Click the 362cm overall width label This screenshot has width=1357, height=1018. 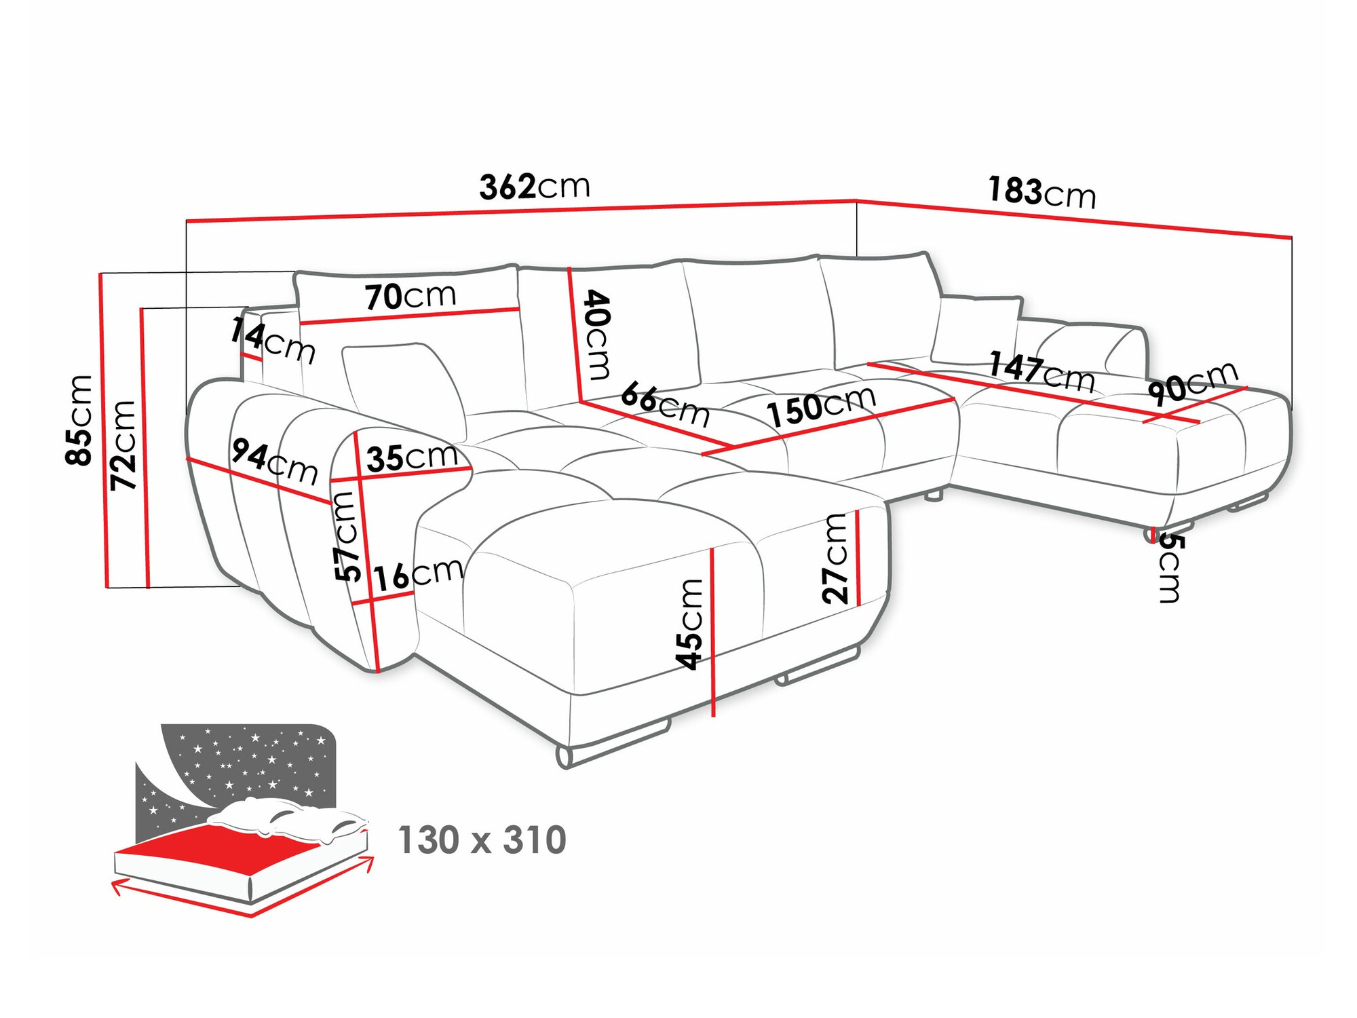pyautogui.click(x=535, y=187)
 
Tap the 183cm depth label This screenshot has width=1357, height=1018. pyautogui.click(x=1041, y=192)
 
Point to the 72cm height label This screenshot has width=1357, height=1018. pyautogui.click(x=124, y=445)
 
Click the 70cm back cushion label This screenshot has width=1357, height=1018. pyautogui.click(x=410, y=297)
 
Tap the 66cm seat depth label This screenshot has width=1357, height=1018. pyautogui.click(x=665, y=403)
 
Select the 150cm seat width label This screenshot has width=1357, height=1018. pyautogui.click(x=821, y=407)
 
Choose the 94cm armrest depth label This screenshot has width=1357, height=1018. pyautogui.click(x=274, y=461)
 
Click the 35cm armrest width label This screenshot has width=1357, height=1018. pyautogui.click(x=412, y=457)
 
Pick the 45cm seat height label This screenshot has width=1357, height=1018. pyautogui.click(x=691, y=624)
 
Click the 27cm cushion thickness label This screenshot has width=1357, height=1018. pyautogui.click(x=835, y=558)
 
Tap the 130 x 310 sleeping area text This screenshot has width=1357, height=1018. pyautogui.click(x=482, y=840)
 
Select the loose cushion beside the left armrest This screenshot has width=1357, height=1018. pyautogui.click(x=403, y=387)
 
